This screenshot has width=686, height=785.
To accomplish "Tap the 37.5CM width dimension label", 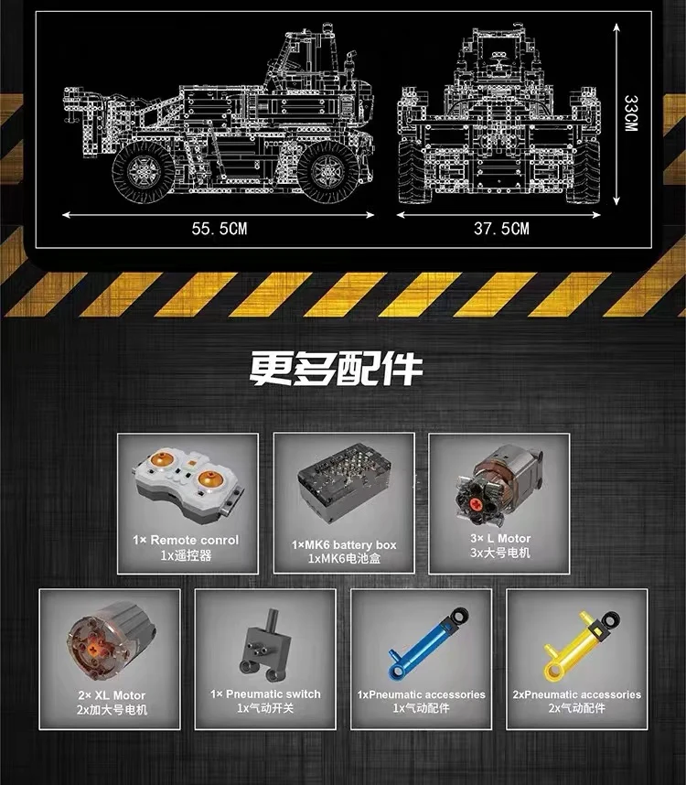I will (x=501, y=229).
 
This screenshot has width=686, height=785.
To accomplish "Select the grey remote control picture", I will (x=188, y=481).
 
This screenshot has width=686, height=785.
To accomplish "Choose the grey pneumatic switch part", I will (x=258, y=639).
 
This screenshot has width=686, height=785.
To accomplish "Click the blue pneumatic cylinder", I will (x=420, y=639).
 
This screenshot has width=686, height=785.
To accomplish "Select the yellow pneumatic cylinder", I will (x=576, y=639).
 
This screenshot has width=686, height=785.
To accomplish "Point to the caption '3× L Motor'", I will (x=499, y=539).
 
